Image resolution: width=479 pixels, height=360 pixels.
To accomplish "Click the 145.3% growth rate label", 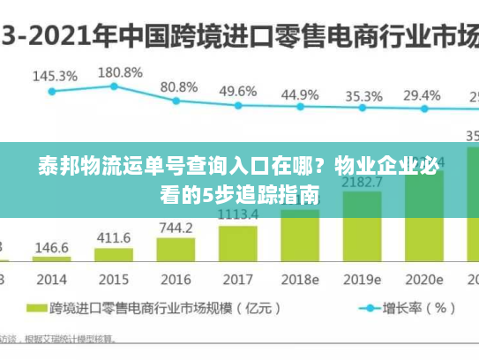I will pyautogui.click(x=55, y=76).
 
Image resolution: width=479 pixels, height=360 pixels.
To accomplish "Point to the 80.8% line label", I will pyautogui.click(x=179, y=86).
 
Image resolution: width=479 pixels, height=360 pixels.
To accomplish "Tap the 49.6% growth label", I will pyautogui.click(x=238, y=91).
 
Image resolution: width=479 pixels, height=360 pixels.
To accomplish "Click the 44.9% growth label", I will pyautogui.click(x=300, y=94).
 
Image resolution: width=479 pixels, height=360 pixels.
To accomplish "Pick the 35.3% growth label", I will pyautogui.click(x=363, y=95).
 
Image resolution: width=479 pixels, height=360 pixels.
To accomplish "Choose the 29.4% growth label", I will pyautogui.click(x=422, y=95).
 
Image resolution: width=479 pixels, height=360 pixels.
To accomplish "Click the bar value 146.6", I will pyautogui.click(x=52, y=247).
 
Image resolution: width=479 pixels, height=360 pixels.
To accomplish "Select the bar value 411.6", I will pyautogui.click(x=114, y=237).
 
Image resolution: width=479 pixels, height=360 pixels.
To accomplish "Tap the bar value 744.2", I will pyautogui.click(x=176, y=228).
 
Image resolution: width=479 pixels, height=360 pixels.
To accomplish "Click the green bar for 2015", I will pyautogui.click(x=115, y=254).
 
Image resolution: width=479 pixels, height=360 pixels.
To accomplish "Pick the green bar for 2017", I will pyautogui.click(x=237, y=243).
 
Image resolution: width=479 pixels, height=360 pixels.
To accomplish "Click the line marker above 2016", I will pyautogui.click(x=176, y=100).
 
